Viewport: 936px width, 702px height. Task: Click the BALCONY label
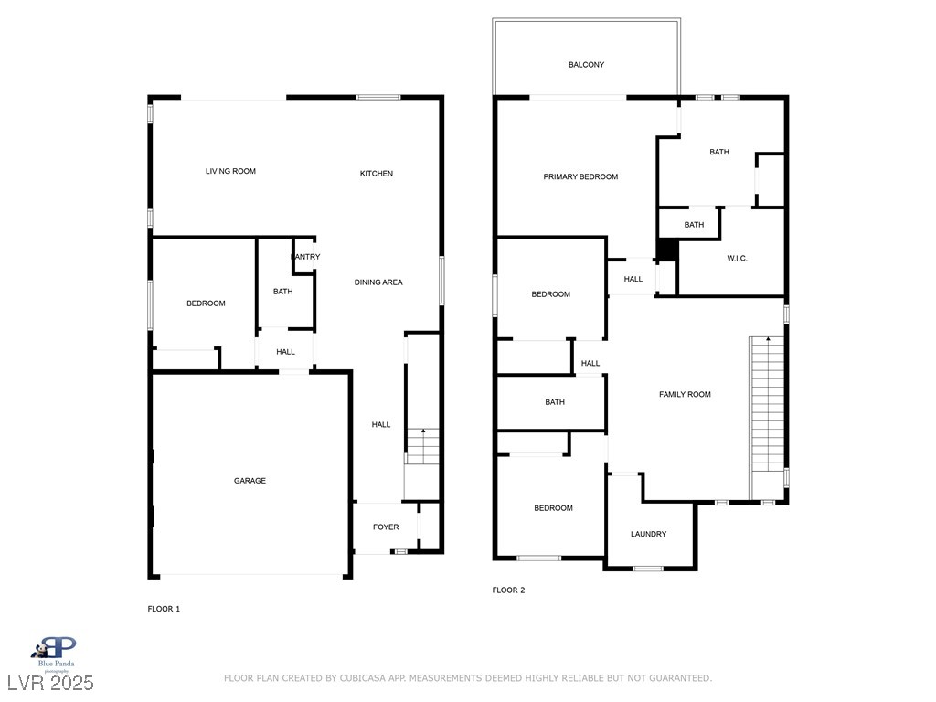click(586, 65)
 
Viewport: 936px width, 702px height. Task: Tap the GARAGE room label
click(250, 481)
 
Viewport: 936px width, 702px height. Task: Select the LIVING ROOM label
click(230, 171)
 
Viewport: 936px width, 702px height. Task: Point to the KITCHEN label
click(376, 174)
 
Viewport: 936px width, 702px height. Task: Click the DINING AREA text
click(378, 282)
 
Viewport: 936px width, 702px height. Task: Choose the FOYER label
click(386, 527)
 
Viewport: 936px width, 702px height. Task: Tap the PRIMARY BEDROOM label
click(580, 176)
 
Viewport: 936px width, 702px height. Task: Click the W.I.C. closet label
click(738, 259)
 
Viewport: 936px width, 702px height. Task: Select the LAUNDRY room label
click(648, 534)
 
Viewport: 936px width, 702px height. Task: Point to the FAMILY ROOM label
click(685, 395)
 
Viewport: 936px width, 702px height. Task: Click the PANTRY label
click(305, 257)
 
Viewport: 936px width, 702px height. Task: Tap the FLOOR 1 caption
click(164, 609)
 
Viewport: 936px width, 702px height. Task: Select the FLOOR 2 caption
click(508, 590)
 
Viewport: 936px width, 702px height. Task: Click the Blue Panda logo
click(56, 654)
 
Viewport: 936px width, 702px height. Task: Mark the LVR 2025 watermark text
click(51, 683)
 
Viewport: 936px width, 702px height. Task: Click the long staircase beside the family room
click(767, 418)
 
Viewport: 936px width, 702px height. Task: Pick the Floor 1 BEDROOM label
click(206, 303)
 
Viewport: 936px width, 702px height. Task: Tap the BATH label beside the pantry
click(283, 292)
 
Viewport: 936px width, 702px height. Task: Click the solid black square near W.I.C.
click(667, 250)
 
